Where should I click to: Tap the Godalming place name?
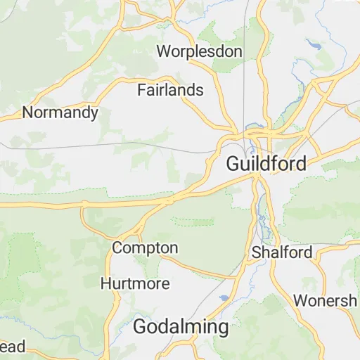pos(181,327)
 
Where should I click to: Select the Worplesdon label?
pos(200,51)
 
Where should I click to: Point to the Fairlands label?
pos(170,90)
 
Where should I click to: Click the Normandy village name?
pos(60,112)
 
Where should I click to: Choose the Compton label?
pos(145,248)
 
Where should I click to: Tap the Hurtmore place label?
pos(135,283)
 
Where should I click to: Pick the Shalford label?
pos(282,252)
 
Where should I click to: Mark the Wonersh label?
pos(325,301)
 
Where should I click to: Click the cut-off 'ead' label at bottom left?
pos(13,346)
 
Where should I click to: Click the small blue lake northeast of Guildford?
pos(311,44)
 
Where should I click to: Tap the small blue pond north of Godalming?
pos(223,298)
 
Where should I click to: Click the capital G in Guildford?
pos(233,164)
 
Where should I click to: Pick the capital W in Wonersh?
pos(300,301)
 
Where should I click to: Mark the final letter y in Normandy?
pos(94,114)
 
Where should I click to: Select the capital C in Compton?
pos(117,248)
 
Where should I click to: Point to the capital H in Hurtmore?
pos(105,283)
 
